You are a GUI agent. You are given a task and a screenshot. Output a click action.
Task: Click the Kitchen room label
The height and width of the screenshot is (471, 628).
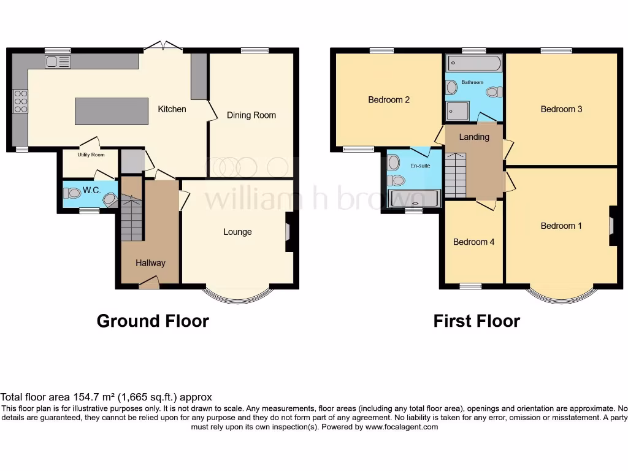tap(172, 109)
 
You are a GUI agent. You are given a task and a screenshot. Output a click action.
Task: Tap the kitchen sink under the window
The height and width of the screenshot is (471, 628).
tap(58, 61)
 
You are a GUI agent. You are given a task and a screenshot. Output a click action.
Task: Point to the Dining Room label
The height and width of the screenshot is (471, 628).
tap(251, 115)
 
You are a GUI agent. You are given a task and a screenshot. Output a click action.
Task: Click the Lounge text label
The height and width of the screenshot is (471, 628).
tap(237, 232)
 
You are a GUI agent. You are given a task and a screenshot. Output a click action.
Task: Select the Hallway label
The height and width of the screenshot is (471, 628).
tap(150, 263)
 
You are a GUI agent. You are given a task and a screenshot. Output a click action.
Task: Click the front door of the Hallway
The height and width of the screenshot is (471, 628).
tap(148, 282)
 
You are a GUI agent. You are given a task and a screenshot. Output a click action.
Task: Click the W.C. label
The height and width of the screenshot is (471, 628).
tap(92, 191)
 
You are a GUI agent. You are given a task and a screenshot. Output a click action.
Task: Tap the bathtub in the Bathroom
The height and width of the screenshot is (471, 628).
tap(473, 63)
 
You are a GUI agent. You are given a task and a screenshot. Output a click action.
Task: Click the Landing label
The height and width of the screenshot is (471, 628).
tap(474, 137)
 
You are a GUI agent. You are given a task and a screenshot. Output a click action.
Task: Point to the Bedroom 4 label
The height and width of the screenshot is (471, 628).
tap(473, 242)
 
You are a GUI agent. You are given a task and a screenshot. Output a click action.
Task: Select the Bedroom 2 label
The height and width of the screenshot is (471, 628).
tap(389, 100)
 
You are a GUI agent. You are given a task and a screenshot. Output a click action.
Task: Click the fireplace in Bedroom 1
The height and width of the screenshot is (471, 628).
tap(613, 226)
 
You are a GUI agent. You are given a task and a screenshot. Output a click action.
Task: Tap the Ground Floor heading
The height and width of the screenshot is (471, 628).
tap(153, 321)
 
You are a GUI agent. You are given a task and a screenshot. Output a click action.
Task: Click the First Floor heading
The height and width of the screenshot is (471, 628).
tap(477, 321)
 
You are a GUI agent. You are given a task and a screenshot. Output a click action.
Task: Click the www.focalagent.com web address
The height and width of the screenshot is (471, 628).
tap(401, 427)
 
